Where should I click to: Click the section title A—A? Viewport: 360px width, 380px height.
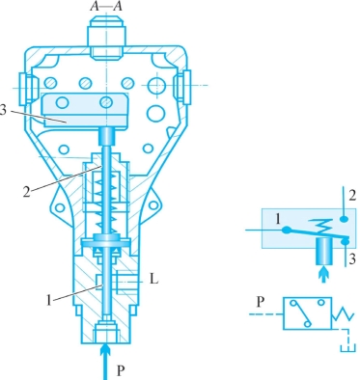[x=106, y=6]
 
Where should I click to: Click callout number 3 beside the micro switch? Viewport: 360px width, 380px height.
[x=3, y=110]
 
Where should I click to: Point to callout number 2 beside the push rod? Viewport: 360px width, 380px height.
[x=27, y=192]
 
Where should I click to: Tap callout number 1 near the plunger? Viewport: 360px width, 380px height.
[x=48, y=301]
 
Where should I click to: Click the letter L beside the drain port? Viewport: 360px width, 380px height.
[x=154, y=280]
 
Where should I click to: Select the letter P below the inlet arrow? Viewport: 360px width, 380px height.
[x=121, y=370]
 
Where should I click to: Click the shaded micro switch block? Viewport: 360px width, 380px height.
[x=85, y=110]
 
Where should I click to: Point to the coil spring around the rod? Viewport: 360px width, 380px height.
[x=105, y=203]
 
